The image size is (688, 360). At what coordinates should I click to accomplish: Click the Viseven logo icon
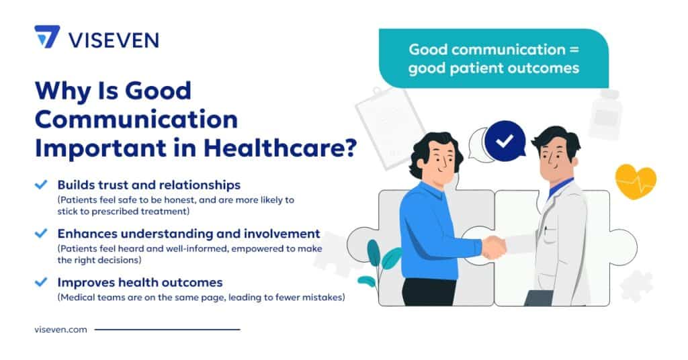[x=47, y=36]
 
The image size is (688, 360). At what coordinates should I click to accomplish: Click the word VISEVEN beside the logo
[x=114, y=38]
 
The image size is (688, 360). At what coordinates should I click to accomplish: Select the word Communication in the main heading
[x=136, y=119]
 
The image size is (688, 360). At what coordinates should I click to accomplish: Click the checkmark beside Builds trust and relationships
[x=42, y=184]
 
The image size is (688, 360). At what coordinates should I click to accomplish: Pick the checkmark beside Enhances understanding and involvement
[x=42, y=234]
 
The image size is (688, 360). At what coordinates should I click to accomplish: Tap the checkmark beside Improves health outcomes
[x=42, y=282]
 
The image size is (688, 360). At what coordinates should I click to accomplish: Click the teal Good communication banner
[x=493, y=58]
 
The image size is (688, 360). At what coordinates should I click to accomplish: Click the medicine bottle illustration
[x=605, y=114]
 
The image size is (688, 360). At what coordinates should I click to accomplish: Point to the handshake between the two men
[x=494, y=246]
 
